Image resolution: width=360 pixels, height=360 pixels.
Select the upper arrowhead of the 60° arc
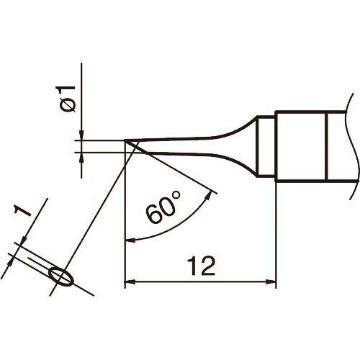[x=211, y=192]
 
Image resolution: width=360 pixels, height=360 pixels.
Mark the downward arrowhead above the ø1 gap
[x=82, y=136]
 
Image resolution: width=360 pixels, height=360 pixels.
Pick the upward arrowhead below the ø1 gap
[x=82, y=157]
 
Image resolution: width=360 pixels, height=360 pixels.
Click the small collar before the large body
[x=267, y=147]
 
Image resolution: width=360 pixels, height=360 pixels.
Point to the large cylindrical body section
[x=302, y=147]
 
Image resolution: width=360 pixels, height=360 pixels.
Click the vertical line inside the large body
[x=328, y=147]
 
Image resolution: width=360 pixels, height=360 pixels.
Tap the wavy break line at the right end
[x=352, y=147]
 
